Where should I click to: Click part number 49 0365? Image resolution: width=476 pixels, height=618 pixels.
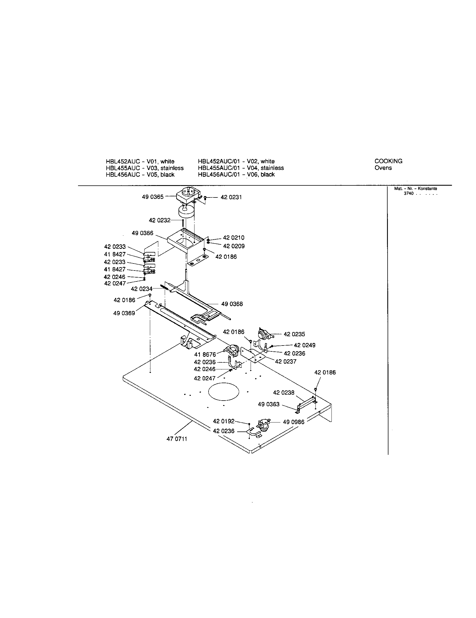[153, 197]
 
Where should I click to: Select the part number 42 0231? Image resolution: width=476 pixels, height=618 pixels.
[231, 197]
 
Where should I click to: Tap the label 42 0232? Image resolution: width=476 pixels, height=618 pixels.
[160, 221]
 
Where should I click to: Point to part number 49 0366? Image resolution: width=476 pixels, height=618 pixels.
[143, 233]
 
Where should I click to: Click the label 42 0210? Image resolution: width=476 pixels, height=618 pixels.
[234, 238]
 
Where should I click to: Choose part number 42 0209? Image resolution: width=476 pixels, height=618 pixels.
[234, 246]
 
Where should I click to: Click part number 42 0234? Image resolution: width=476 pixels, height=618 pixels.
[141, 289]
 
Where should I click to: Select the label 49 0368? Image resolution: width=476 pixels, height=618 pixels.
[232, 304]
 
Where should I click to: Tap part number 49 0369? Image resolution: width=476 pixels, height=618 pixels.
[124, 313]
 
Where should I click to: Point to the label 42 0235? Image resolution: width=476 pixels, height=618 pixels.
[294, 334]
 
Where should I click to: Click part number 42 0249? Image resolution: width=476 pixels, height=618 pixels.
[305, 345]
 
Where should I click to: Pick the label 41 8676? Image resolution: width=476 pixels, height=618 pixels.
[205, 355]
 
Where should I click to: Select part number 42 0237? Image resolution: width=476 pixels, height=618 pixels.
[285, 362]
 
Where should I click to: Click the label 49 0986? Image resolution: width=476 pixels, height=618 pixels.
[294, 422]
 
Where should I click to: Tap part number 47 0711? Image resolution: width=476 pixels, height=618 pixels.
[177, 439]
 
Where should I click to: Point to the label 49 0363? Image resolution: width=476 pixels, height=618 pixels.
[269, 404]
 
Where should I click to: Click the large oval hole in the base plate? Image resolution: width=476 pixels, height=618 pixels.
[224, 392]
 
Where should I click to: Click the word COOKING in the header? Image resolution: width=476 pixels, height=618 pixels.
[388, 161]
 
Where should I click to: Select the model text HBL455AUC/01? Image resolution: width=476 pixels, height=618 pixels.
[219, 168]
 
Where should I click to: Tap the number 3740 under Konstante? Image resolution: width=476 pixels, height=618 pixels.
[408, 194]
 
